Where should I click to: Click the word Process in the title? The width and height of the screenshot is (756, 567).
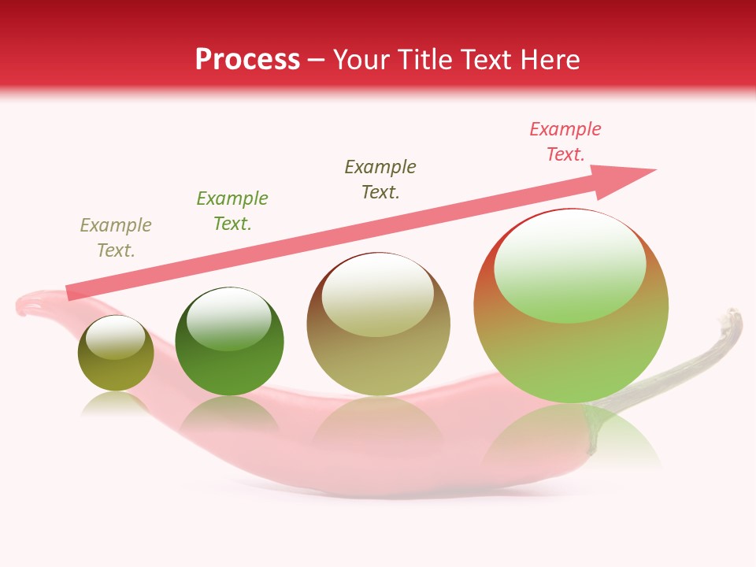(247, 60)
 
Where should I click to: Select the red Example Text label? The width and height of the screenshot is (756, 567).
(565, 142)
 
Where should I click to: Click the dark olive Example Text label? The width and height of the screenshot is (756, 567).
(380, 180)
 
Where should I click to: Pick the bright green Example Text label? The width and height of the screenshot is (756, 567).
(232, 211)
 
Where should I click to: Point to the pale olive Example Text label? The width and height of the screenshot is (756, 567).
(116, 238)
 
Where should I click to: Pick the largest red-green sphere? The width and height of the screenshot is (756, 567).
(571, 346)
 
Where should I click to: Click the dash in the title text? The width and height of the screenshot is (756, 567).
(317, 61)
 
